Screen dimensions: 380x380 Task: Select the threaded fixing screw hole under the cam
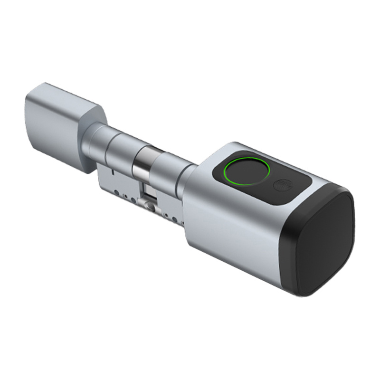point(151,206)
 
